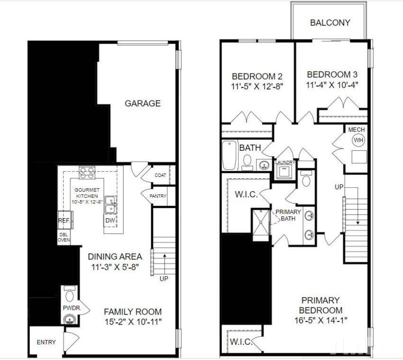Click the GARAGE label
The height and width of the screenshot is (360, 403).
(x=142, y=103)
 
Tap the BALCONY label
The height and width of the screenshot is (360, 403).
(x=330, y=22)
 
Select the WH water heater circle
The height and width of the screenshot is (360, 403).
(x=358, y=140)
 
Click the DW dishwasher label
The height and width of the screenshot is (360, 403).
(x=110, y=221)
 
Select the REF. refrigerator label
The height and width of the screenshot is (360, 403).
(x=64, y=221)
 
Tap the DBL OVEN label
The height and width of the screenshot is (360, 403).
(x=64, y=237)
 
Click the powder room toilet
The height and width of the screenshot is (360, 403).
(x=70, y=295)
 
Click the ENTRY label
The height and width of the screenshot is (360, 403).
(x=46, y=342)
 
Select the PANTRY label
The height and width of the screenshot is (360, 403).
(x=158, y=196)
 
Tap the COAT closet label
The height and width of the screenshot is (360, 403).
(x=160, y=175)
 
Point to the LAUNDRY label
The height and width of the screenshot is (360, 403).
(x=285, y=163)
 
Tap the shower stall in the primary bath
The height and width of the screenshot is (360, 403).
(x=260, y=222)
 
